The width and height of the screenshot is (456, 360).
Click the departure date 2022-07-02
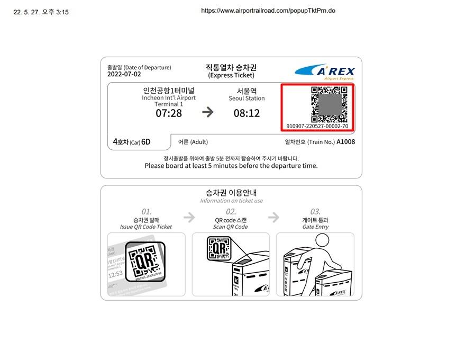coord(124,74)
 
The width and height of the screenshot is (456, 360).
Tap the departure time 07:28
coord(169,113)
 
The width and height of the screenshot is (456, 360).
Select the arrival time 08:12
coord(247,113)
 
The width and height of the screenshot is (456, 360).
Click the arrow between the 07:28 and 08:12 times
coord(208,112)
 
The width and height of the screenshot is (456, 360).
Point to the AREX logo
coord(325,71)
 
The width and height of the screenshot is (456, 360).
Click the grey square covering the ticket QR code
coord(331,104)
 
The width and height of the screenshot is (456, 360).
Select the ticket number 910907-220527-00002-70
coord(317,126)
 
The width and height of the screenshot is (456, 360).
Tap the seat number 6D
coord(145,142)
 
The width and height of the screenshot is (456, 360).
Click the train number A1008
coord(346,142)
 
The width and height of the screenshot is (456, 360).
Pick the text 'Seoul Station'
coord(247,98)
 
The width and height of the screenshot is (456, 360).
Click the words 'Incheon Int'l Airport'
coord(169,98)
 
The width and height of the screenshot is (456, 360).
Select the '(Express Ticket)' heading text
coord(231,75)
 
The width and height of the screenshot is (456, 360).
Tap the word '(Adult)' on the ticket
coord(199,142)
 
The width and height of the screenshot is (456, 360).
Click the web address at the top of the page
coord(268,11)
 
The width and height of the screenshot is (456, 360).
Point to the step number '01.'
coord(147,212)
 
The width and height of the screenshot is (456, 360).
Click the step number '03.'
coord(315,212)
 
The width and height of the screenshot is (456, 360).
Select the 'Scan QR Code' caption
coord(230,227)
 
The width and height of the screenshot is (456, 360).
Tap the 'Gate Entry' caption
coord(315,227)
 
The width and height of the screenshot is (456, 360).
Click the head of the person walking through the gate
coord(322,240)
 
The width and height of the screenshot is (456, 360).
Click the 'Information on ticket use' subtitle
coord(232,201)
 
